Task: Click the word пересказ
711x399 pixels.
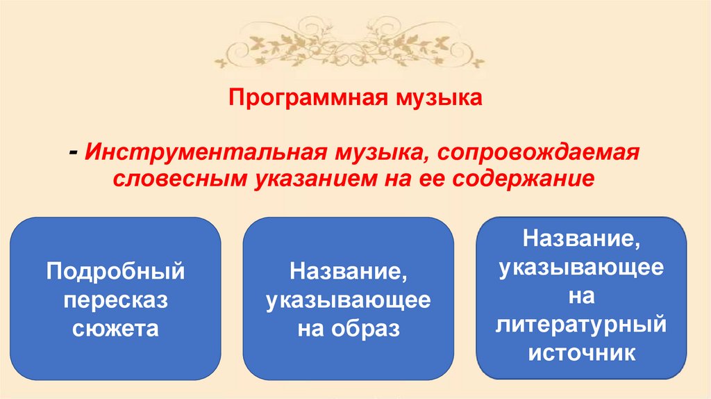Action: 116,299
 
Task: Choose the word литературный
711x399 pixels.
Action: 582,325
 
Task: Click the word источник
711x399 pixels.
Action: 582,352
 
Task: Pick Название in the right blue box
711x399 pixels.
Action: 582,239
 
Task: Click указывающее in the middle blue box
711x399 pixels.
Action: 349,300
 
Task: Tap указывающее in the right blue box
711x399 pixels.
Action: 582,268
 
